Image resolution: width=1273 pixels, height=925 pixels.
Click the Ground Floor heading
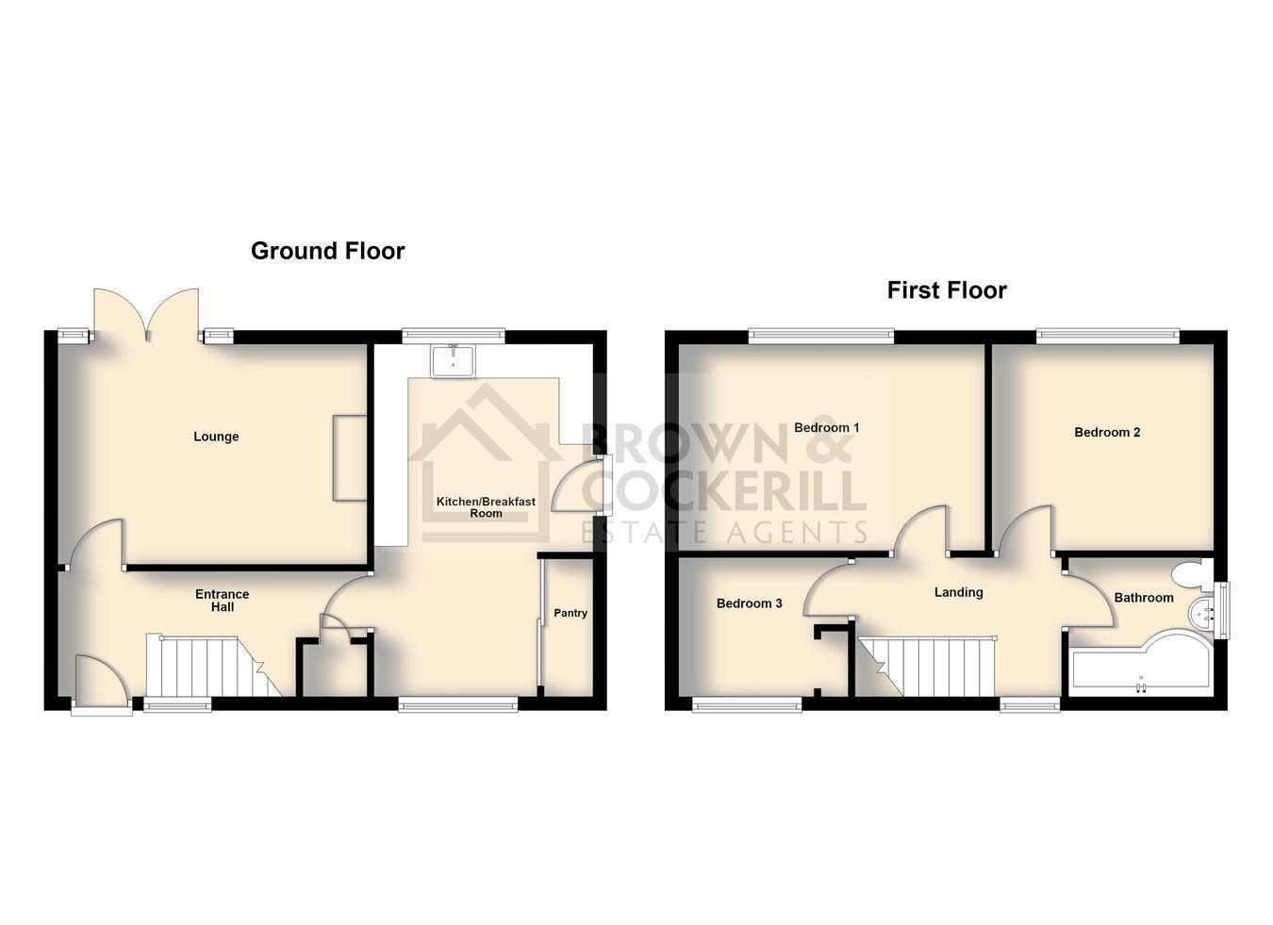point(328,251)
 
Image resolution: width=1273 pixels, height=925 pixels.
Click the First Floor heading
point(947,290)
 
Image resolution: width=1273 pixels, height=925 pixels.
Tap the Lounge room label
point(216,437)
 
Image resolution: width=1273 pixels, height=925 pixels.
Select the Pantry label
point(570,613)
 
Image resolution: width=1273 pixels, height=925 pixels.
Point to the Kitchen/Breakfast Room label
point(486,507)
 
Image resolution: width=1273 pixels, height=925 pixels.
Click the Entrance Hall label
point(223,601)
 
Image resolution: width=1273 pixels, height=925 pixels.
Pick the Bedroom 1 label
point(826,427)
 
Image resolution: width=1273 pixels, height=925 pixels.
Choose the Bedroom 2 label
point(1107,433)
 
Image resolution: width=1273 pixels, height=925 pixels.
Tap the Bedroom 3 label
point(749,603)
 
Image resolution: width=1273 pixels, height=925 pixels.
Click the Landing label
point(959,592)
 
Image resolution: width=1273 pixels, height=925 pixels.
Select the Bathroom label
point(1144,598)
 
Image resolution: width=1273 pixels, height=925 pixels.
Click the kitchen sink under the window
point(453,361)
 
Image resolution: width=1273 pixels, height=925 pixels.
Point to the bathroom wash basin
point(1200,613)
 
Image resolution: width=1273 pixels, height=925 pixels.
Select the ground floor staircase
point(213,665)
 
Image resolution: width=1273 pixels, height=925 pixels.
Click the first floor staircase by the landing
point(926,666)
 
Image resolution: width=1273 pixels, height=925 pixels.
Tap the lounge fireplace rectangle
point(350,457)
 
